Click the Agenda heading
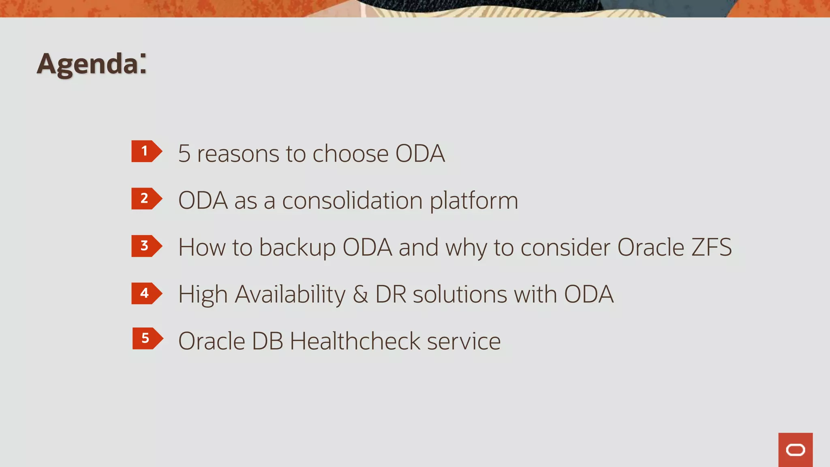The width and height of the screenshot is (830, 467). pyautogui.click(x=92, y=64)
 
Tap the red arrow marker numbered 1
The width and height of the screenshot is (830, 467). pyautogui.click(x=146, y=151)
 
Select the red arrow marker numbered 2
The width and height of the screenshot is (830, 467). pyautogui.click(x=146, y=199)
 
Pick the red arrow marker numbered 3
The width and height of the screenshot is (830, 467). pyautogui.click(x=146, y=246)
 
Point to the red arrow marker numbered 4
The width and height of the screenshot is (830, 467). pyautogui.click(x=146, y=293)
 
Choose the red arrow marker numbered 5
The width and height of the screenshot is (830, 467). pyautogui.click(x=147, y=338)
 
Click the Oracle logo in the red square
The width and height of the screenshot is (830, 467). pyautogui.click(x=795, y=450)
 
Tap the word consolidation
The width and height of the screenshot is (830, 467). pyautogui.click(x=352, y=201)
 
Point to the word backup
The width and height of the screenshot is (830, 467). pyautogui.click(x=297, y=248)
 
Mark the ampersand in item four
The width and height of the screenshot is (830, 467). pyautogui.click(x=360, y=295)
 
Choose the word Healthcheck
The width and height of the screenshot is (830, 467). pyautogui.click(x=355, y=341)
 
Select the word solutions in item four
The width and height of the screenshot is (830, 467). pyautogui.click(x=460, y=295)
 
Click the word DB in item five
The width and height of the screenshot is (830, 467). pyautogui.click(x=267, y=341)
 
